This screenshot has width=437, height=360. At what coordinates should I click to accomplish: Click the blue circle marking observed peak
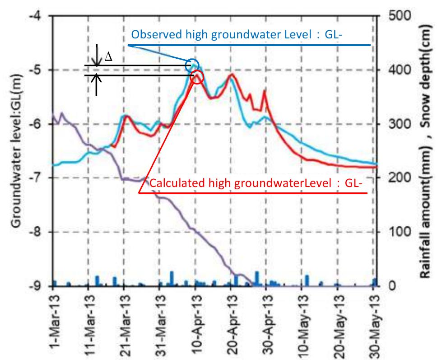pos(192,64)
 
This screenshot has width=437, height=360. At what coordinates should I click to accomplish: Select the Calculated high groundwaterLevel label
pos(256,184)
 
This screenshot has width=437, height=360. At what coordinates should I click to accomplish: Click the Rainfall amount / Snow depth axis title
pos(426,151)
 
